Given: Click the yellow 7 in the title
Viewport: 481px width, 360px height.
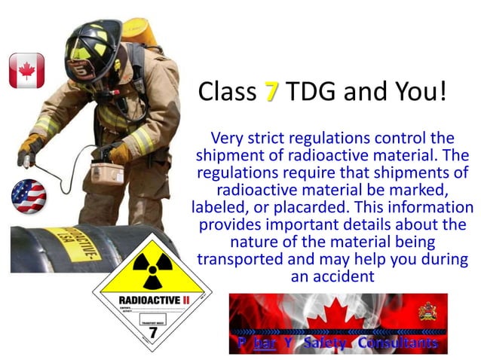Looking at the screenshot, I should point(271,92).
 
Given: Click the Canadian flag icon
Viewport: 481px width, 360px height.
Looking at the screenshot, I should point(26,71).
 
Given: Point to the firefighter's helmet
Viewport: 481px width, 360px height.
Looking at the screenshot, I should point(93,46).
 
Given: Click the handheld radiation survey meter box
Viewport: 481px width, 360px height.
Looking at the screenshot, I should point(107,172).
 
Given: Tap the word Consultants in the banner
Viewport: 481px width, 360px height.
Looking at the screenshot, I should point(397,343).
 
